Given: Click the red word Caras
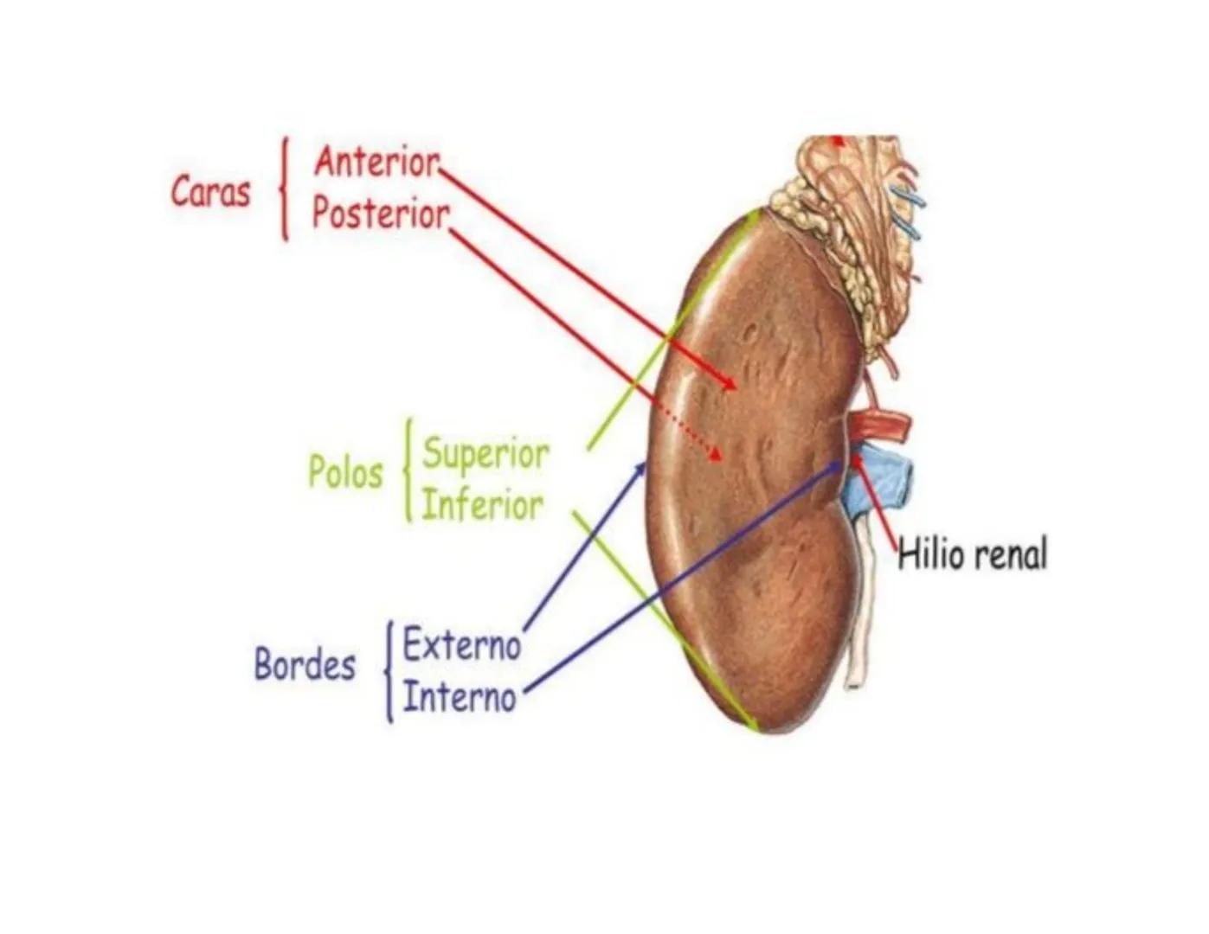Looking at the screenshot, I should [x=210, y=191].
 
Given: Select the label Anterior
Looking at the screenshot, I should [x=376, y=162].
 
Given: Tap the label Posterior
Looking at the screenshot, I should [x=381, y=214].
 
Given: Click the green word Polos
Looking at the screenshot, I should [x=345, y=472].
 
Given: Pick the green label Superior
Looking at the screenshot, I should [x=486, y=453].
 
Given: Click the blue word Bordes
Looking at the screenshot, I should [x=305, y=664].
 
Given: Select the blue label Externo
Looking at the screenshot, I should [x=461, y=645].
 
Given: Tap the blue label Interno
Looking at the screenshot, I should [x=459, y=697].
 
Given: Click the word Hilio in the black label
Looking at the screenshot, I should [x=928, y=553].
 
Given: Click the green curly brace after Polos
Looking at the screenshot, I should [x=408, y=472].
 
